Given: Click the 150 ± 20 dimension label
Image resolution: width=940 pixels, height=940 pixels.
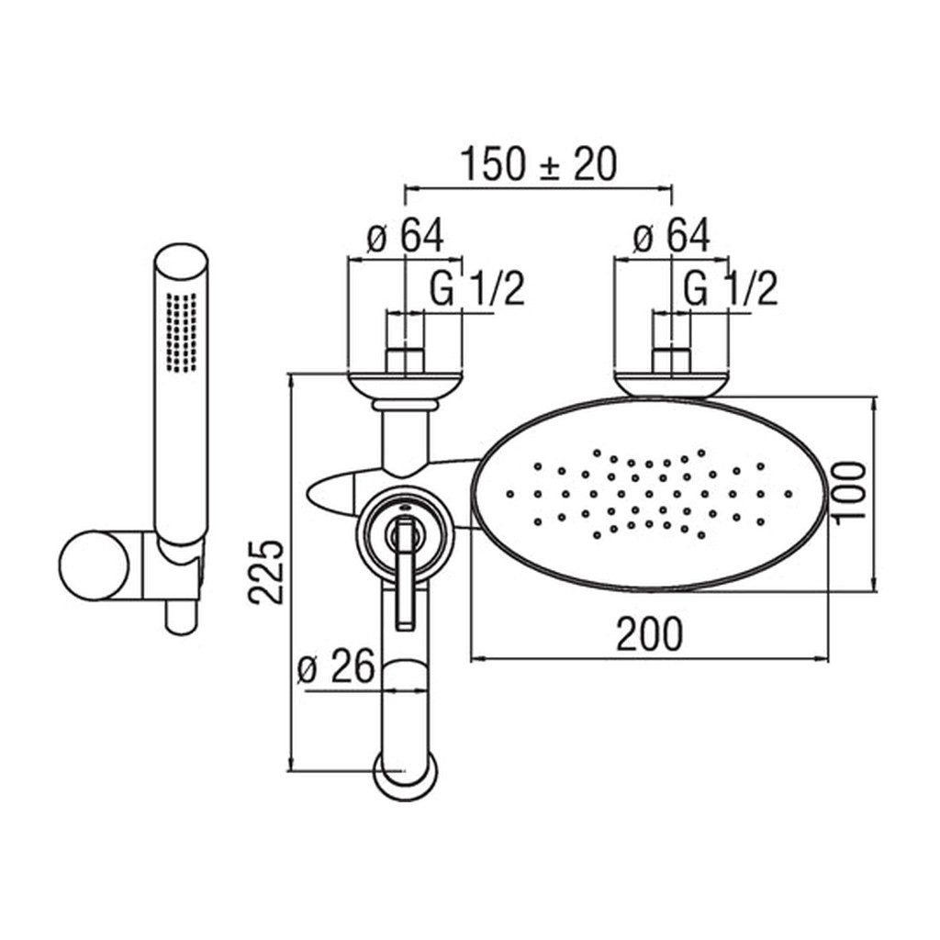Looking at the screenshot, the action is [x=538, y=164].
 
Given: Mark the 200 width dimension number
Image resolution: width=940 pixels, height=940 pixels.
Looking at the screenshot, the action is [x=649, y=633].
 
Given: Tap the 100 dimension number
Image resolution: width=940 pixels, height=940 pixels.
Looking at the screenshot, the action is [x=849, y=492].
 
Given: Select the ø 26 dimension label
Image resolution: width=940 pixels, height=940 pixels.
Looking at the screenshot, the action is [x=336, y=666].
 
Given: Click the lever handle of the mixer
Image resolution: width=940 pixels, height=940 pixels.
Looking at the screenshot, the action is [x=405, y=575].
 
